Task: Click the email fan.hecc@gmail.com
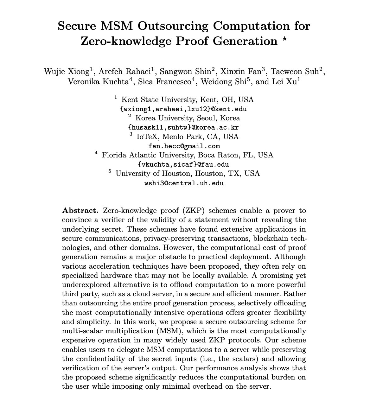point(184,146)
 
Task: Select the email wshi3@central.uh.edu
point(184,183)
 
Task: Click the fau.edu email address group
point(183,165)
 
